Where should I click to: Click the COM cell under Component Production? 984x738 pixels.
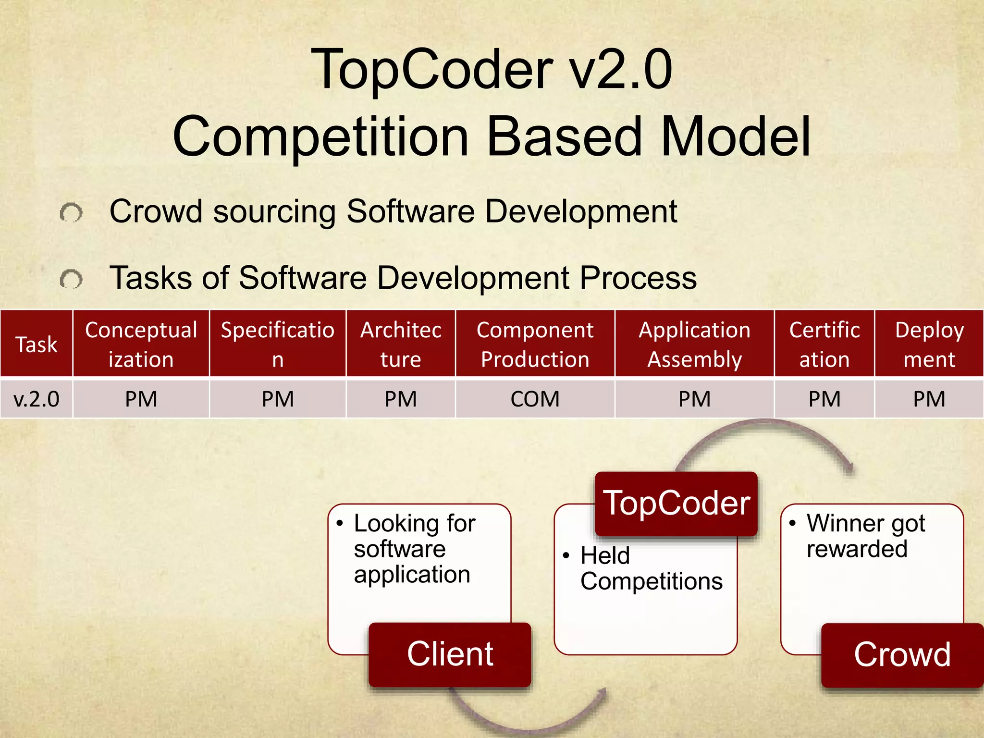(x=535, y=399)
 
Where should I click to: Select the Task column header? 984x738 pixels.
(x=36, y=344)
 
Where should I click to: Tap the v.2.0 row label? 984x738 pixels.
(x=36, y=399)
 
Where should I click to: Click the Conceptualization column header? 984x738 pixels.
(x=141, y=344)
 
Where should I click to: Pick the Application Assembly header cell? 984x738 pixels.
(x=694, y=344)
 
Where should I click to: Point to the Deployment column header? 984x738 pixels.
(x=929, y=344)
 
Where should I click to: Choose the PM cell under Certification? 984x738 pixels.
(x=824, y=399)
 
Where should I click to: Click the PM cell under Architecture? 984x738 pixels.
(x=400, y=399)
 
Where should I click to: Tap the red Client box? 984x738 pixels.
(x=450, y=654)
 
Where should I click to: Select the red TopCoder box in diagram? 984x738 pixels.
(x=676, y=504)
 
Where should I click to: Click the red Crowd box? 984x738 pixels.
(x=902, y=654)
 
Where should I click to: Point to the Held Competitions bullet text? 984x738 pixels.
(x=651, y=568)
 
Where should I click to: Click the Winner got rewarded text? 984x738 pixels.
(x=865, y=536)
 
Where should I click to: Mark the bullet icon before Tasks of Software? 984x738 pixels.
(x=71, y=279)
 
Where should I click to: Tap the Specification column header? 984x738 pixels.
(x=277, y=344)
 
